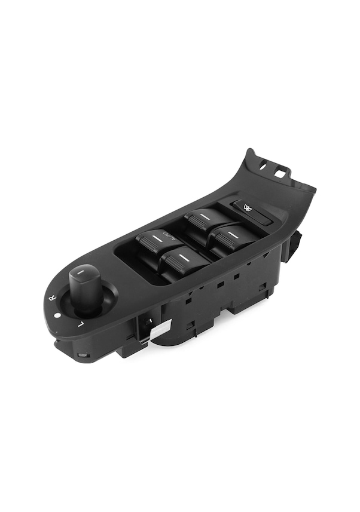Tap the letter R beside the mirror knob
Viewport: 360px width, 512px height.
coord(53,296)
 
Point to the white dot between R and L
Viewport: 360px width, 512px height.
coord(57,315)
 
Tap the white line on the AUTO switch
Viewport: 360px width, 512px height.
coord(157,238)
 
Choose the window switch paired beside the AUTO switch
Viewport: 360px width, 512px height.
coord(183,261)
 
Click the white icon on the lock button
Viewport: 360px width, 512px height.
coord(247,208)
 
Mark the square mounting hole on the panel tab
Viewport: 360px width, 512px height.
coord(279,173)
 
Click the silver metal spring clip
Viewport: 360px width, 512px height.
coord(160,329)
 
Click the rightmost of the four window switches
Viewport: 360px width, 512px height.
coord(232,237)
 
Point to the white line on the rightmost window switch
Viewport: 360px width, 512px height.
coord(231,234)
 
